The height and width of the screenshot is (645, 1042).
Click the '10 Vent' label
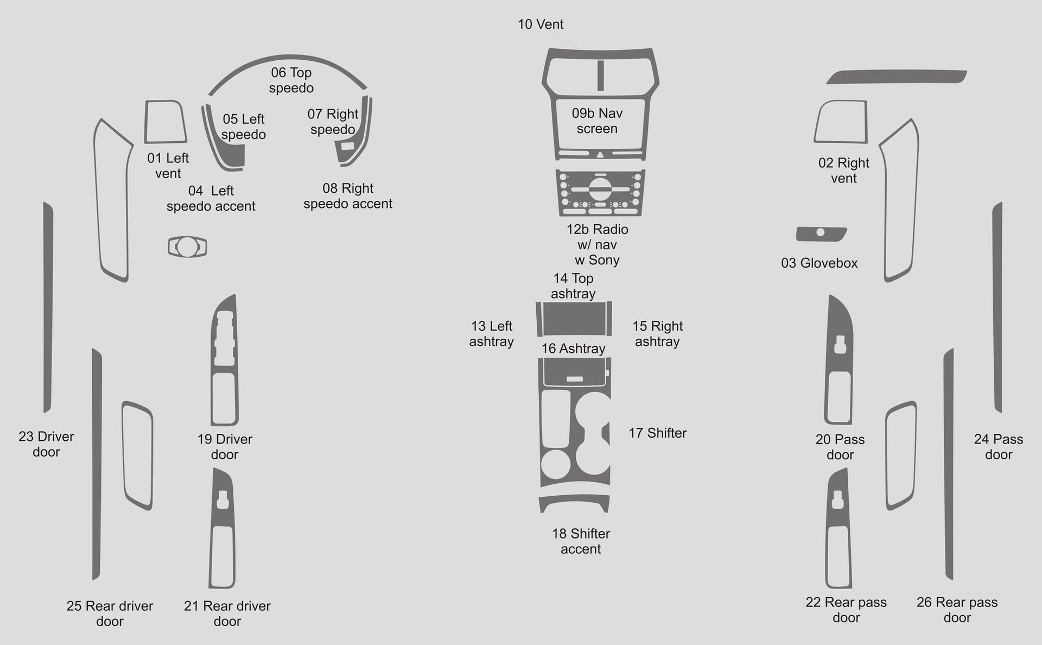(x=541, y=24)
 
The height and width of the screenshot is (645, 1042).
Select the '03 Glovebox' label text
(x=819, y=263)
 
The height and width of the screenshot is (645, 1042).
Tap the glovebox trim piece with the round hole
(x=821, y=234)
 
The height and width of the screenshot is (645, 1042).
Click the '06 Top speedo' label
(x=291, y=80)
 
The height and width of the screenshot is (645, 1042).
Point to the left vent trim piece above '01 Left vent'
(x=166, y=122)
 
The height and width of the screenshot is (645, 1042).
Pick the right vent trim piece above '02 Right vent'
(x=841, y=122)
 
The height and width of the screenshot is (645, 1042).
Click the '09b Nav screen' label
(x=597, y=121)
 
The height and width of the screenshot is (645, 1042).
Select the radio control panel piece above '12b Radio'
(x=600, y=193)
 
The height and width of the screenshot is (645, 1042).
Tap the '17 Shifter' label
(x=658, y=433)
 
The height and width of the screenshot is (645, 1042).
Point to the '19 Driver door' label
(x=225, y=447)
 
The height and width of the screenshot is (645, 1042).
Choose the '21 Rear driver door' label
(x=227, y=614)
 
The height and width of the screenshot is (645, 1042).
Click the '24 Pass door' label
(x=999, y=447)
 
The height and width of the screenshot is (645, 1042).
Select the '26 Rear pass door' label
(x=957, y=610)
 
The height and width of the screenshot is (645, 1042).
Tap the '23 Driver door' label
(x=46, y=444)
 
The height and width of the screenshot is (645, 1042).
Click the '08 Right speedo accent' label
(x=348, y=196)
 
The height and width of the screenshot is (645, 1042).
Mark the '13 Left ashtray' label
(x=492, y=334)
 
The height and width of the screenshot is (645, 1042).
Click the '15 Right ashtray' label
(x=657, y=334)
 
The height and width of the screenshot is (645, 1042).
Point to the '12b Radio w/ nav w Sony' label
(x=598, y=245)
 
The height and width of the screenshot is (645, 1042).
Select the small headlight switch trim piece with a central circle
(x=187, y=247)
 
